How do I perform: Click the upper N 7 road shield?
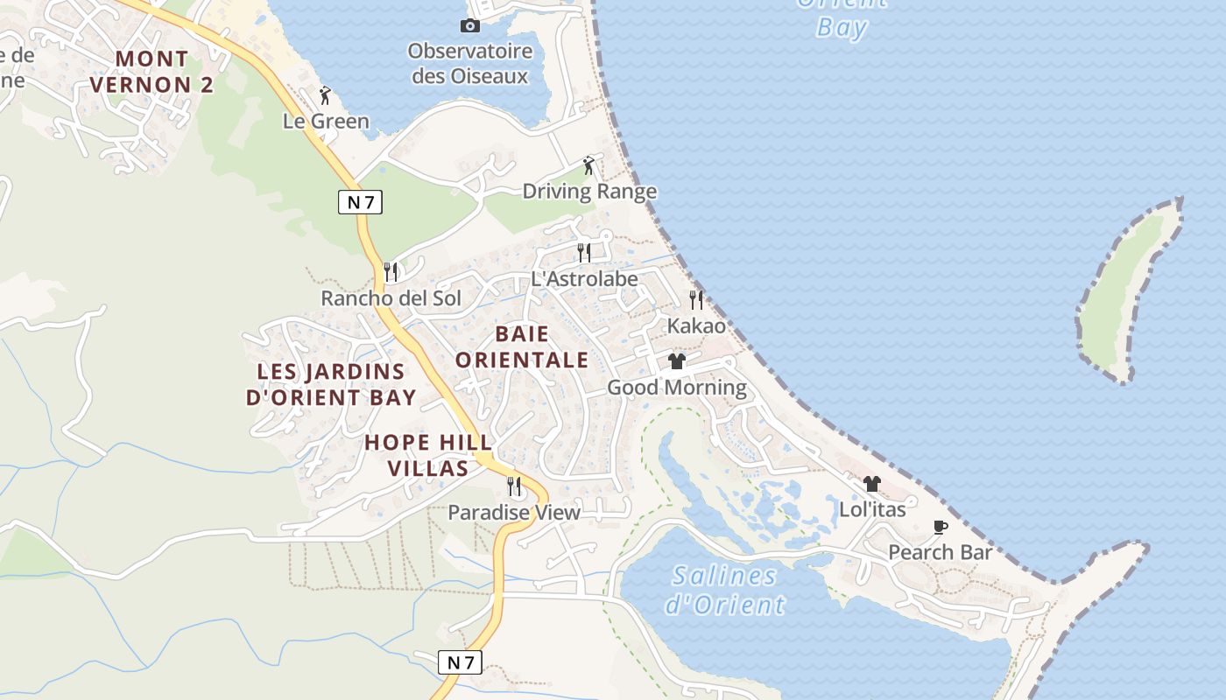pos(360,202)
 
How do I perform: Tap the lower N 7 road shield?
pos(460,662)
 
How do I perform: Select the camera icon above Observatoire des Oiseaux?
pos(470,26)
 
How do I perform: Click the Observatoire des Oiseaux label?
pos(470,63)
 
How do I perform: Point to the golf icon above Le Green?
pos(326,95)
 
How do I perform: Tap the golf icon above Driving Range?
pos(589,165)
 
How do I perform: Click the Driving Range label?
pos(589,192)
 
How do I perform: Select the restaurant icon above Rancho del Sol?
pos(391,272)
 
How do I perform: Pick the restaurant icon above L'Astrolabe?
pos(584,253)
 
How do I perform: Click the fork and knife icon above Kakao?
pos(696,300)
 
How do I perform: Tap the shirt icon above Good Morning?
pos(677,361)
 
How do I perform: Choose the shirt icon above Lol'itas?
pos(872,484)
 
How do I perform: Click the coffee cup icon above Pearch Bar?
pos(941,527)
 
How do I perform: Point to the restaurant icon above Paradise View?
pos(514,486)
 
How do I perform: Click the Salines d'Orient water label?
pos(725,590)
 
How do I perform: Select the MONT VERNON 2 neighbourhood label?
pos(151,72)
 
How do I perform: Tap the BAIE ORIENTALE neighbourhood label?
pos(522,346)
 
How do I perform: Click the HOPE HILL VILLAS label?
pos(428,455)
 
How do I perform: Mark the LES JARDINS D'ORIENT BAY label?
pos(331,384)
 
